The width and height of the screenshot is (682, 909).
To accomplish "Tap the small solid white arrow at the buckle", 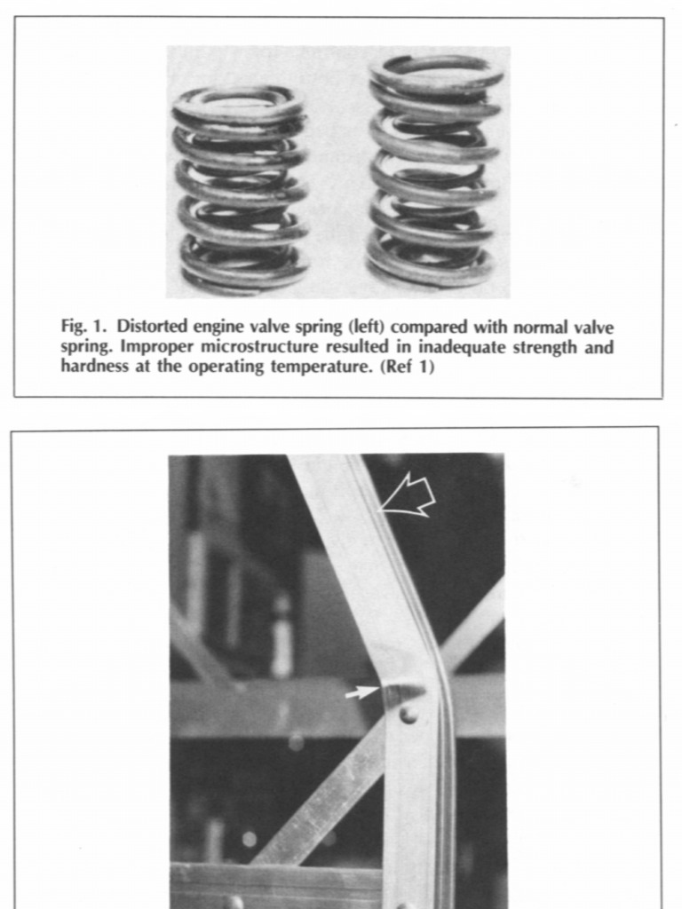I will pos(361,692).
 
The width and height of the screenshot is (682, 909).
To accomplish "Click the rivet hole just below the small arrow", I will pos(408,714).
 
